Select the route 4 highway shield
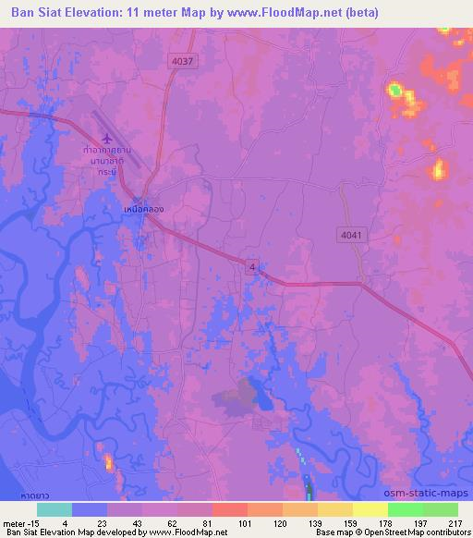coord(251,266)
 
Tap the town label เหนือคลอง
coord(144,209)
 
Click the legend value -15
coord(38,522)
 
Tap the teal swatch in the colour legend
coord(55,509)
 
